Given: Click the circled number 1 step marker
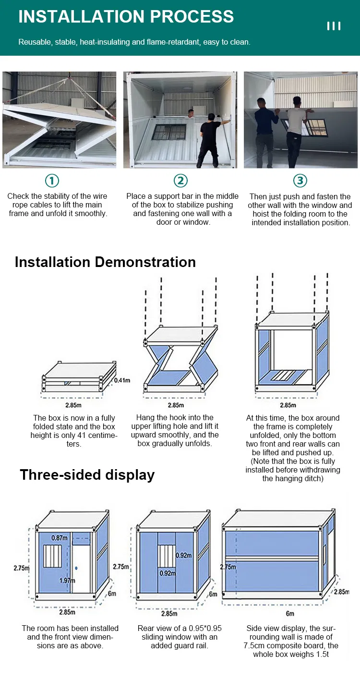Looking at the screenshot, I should [x=52, y=181].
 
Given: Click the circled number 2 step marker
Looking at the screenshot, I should [x=180, y=181].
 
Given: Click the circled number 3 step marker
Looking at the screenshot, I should [x=300, y=181].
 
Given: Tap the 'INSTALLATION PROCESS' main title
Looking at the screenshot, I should [x=126, y=16].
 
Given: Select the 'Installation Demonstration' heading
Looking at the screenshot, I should [x=105, y=262].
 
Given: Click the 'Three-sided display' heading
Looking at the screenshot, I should [x=87, y=475].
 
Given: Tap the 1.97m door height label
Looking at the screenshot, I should [x=67, y=581].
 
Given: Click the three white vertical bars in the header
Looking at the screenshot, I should [x=334, y=26].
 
